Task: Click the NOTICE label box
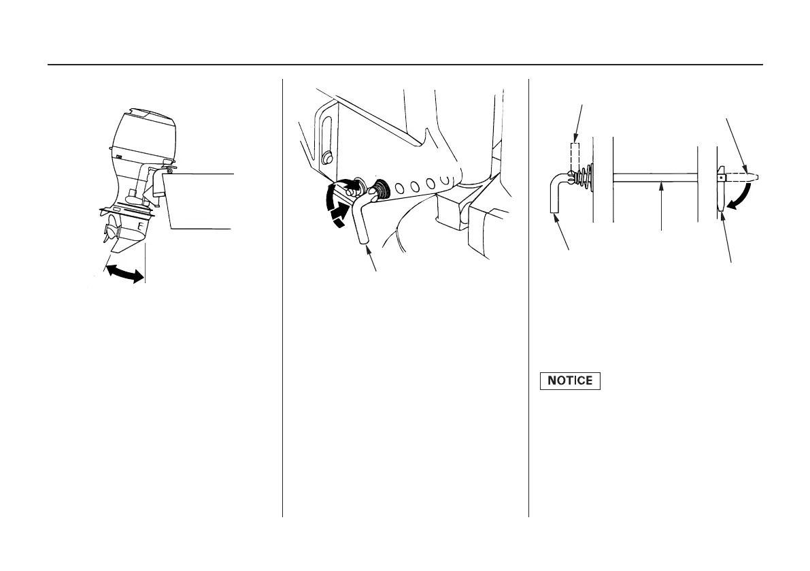pos(571,381)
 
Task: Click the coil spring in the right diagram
pos(583,178)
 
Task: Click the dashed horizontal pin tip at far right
pos(745,178)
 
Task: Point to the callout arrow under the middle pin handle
pos(373,259)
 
